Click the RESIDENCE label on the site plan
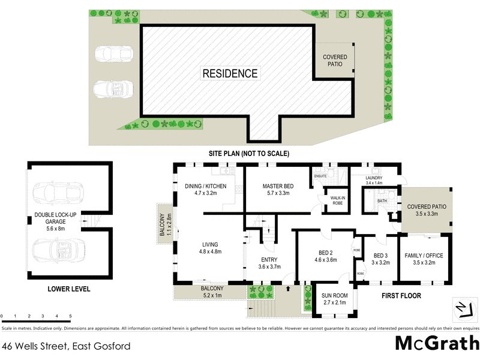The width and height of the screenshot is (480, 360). tap(230, 74)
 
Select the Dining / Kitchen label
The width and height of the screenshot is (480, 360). tap(205, 186)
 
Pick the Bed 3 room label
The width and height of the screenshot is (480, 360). tap(380, 256)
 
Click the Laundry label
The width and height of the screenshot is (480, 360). tap(378, 178)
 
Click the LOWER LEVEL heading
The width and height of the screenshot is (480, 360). tap(68, 289)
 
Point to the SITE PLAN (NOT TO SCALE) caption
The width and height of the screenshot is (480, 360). tap(248, 154)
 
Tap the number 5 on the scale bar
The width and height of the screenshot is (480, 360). tap(70, 316)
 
